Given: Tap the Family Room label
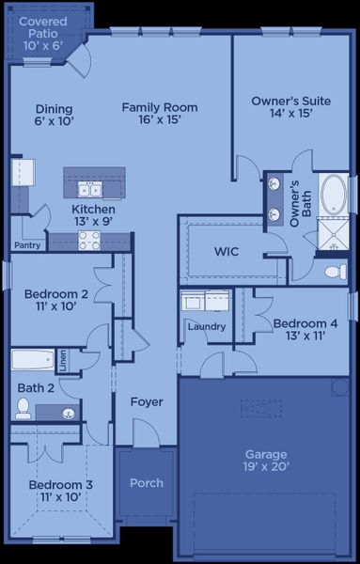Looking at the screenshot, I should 153,114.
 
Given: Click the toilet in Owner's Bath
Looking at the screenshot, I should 335,273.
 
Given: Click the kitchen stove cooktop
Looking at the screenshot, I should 90,242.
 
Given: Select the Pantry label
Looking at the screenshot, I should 26,245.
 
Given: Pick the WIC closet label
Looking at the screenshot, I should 228,252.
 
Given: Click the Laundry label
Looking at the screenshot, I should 206,326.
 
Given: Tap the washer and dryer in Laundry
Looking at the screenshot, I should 206,301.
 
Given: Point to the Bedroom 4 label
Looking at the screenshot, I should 299,330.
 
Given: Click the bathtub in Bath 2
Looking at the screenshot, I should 33,360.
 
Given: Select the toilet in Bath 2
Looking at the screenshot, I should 23,409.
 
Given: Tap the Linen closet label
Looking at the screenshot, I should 62,359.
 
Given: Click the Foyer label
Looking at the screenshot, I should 146,401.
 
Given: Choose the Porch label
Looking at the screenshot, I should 146,483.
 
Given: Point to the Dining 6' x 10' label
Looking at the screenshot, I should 54,114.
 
